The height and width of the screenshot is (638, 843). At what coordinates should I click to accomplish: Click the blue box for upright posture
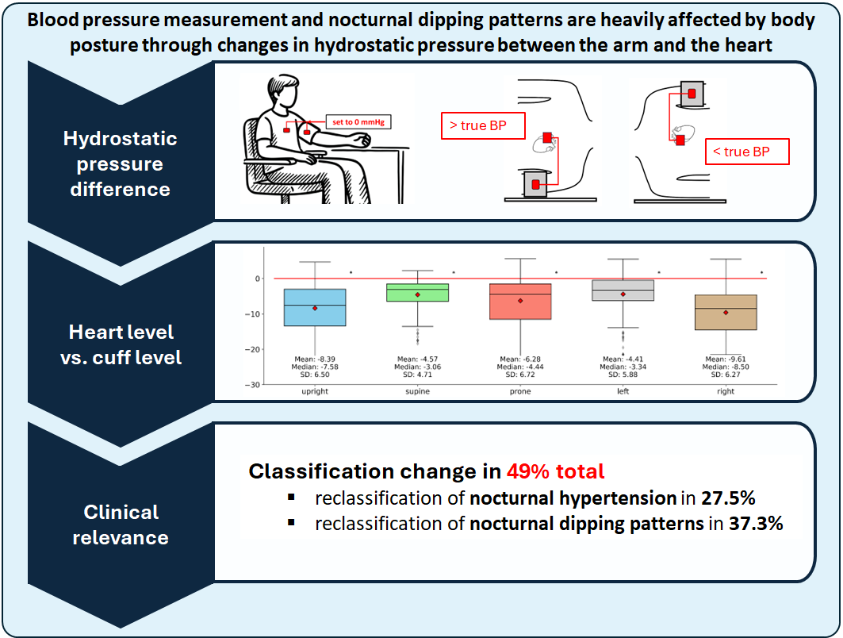tap(315, 307)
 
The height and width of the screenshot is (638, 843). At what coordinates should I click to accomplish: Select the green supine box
tap(418, 292)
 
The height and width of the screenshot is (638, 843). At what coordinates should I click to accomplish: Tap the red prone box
tap(520, 302)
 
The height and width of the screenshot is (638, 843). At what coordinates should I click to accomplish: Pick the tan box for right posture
tap(726, 312)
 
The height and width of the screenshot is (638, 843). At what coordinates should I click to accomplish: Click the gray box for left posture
tap(623, 290)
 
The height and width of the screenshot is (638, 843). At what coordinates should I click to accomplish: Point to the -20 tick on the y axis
tap(252, 349)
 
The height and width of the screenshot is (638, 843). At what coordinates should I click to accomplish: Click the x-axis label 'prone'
tap(520, 391)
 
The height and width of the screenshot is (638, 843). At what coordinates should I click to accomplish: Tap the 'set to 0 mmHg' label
tap(358, 122)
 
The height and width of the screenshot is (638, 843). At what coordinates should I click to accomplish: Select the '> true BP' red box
tap(483, 126)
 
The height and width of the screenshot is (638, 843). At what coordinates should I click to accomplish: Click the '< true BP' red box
tap(747, 152)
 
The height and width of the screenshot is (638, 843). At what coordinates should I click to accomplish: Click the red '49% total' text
tap(555, 471)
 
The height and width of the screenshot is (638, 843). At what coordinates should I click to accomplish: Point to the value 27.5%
tap(728, 498)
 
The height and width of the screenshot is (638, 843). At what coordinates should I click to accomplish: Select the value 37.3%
tap(755, 524)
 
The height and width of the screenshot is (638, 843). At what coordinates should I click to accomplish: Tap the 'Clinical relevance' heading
tap(121, 525)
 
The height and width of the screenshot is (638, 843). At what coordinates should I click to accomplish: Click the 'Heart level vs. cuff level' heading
tap(121, 344)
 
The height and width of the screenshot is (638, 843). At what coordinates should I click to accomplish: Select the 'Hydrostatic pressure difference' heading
tap(121, 163)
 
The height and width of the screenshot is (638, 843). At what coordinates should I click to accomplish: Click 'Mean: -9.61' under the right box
tap(726, 359)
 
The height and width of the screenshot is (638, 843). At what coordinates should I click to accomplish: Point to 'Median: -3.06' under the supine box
tap(418, 367)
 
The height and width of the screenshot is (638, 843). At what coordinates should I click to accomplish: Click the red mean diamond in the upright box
tap(315, 308)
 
